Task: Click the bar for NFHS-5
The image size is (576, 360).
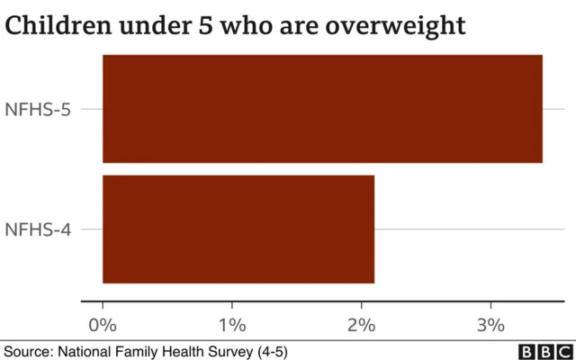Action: [322, 109]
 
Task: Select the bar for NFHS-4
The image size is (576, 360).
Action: [238, 229]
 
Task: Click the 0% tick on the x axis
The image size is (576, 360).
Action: [103, 323]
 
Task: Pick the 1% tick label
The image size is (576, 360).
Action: [232, 323]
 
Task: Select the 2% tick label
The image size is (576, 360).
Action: [361, 323]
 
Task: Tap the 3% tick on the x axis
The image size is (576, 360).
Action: [490, 323]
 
